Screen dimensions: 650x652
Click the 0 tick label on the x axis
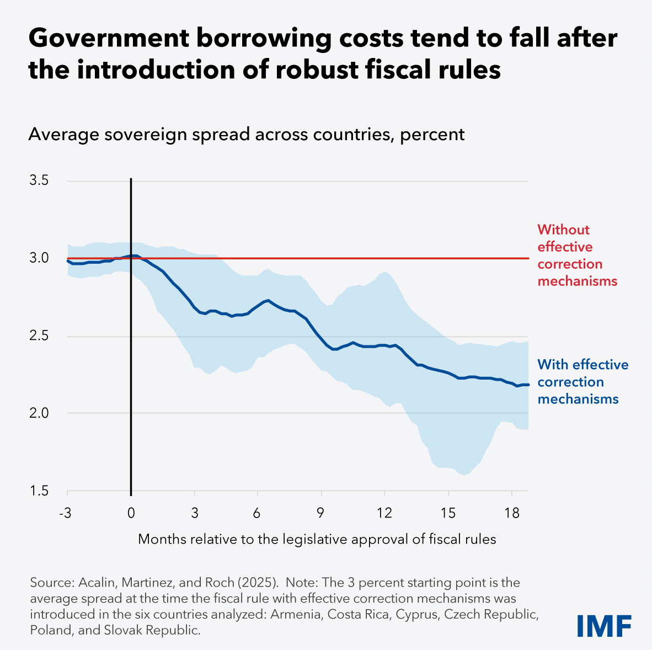click(131, 513)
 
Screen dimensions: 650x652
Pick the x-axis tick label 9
click(320, 513)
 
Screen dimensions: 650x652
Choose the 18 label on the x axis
click(511, 513)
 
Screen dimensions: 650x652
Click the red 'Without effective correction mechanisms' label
click(577, 255)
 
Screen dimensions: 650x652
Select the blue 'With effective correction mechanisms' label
click(582, 382)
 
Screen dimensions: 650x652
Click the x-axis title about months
click(317, 539)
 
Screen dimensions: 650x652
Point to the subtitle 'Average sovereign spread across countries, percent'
click(247, 134)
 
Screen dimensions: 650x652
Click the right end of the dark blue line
click(527, 385)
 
